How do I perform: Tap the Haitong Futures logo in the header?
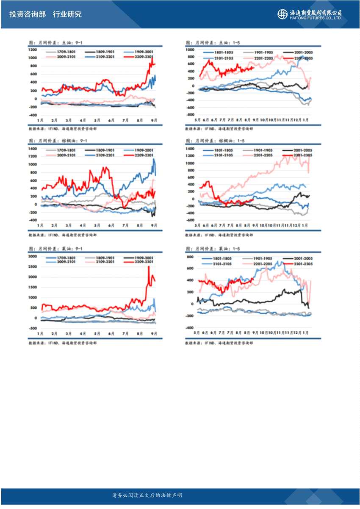click(x=282, y=14)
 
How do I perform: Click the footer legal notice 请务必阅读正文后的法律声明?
click(x=147, y=495)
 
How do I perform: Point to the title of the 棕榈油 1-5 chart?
click(x=210, y=141)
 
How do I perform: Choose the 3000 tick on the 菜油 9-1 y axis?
click(x=33, y=257)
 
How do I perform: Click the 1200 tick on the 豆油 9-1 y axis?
click(x=33, y=50)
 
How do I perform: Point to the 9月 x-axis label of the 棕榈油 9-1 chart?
click(x=154, y=225)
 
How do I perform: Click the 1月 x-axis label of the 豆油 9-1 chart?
click(x=40, y=120)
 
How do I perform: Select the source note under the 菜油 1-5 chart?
click(x=219, y=343)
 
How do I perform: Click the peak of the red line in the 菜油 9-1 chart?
click(x=149, y=266)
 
